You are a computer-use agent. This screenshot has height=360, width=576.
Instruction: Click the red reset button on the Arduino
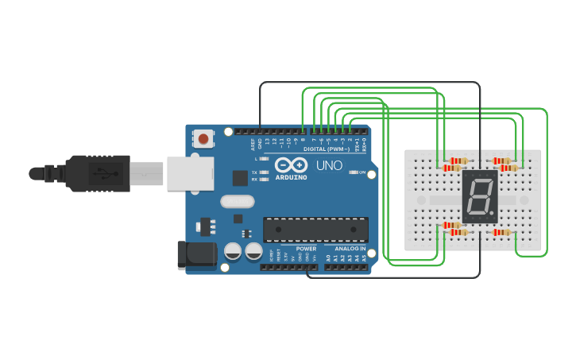pos(203,139)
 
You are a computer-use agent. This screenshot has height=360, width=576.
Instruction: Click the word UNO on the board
pos(330,166)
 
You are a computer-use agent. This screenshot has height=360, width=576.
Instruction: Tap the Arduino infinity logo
pos(290,164)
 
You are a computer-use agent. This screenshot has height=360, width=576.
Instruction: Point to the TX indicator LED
pos(265,172)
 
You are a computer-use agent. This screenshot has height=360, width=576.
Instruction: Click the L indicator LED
pos(265,159)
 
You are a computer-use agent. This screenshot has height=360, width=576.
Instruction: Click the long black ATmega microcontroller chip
pos(316,229)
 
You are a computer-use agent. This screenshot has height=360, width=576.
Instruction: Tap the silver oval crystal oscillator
pos(237,202)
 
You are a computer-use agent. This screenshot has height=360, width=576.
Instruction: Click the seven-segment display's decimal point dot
pos(493,215)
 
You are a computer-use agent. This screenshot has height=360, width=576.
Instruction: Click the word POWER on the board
pos(306,249)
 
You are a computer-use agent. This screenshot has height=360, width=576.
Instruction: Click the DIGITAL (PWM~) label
pos(326,149)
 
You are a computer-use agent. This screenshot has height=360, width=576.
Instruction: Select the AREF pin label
pos(253,144)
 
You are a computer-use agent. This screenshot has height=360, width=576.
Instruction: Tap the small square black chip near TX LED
pos(240,178)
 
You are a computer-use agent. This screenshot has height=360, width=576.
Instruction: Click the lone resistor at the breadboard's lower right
pos(502,232)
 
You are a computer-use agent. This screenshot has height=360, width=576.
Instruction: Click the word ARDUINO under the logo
pos(290,176)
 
